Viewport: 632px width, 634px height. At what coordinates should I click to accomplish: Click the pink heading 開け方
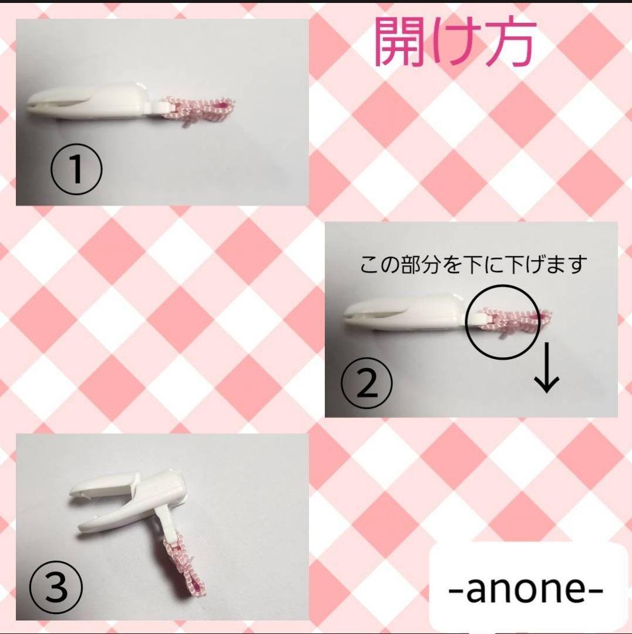pyautogui.click(x=456, y=42)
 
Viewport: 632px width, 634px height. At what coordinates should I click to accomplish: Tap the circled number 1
pyautogui.click(x=76, y=169)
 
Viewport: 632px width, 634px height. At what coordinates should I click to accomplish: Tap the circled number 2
pyautogui.click(x=367, y=383)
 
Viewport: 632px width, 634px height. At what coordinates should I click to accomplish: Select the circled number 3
pyautogui.click(x=56, y=587)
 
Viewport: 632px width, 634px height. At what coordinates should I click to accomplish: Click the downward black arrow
pyautogui.click(x=547, y=367)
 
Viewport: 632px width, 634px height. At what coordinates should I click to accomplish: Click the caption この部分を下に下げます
pyautogui.click(x=473, y=265)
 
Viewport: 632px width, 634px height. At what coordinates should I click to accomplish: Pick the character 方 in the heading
pyautogui.click(x=510, y=42)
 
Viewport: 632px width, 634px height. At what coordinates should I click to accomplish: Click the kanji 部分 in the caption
pyautogui.click(x=421, y=265)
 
